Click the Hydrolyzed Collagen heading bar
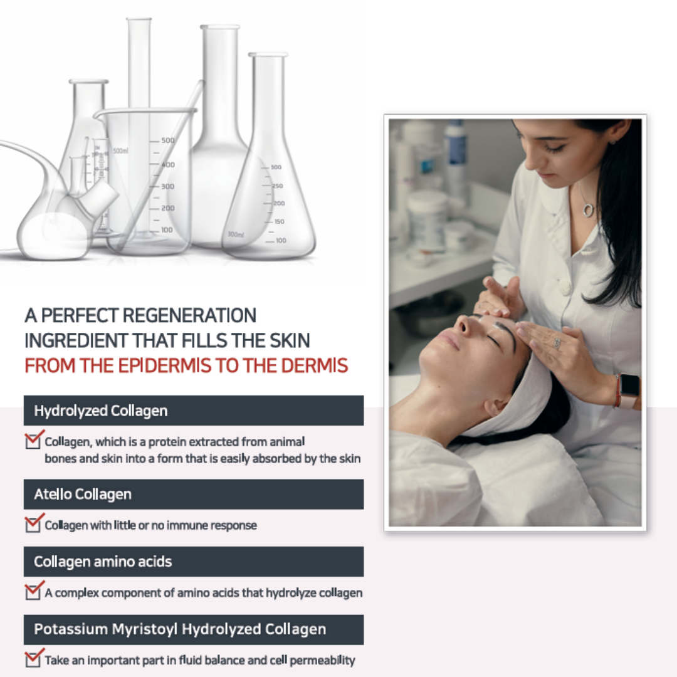(193, 411)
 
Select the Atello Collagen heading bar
(193, 494)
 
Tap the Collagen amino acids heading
(193, 561)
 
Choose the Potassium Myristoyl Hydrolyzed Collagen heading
(193, 629)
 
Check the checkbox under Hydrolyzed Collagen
(34, 440)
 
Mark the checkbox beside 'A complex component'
(34, 590)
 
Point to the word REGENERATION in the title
(189, 315)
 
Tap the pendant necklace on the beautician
(588, 209)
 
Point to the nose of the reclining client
(462, 325)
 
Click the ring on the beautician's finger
(556, 343)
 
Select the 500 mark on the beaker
(167, 140)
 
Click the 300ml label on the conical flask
(236, 234)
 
